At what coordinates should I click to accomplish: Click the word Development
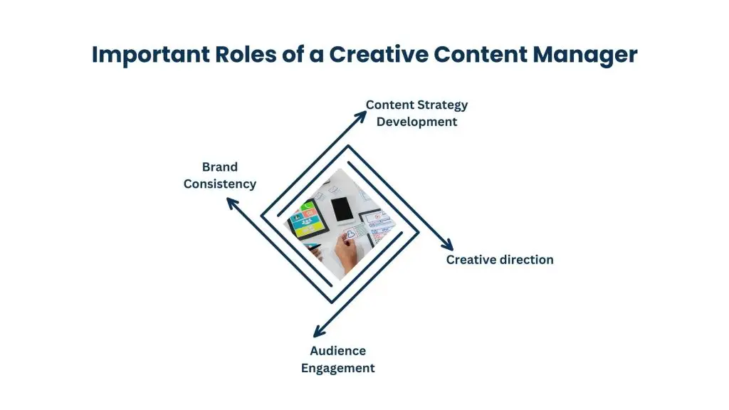tap(416, 122)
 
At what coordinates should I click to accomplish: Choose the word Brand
tap(219, 167)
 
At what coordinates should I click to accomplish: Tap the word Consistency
tap(219, 184)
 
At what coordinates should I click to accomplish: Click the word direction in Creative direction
tap(526, 260)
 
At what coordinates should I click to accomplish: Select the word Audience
tap(337, 351)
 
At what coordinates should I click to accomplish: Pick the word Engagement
tap(337, 368)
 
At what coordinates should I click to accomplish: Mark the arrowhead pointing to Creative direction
tap(447, 245)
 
